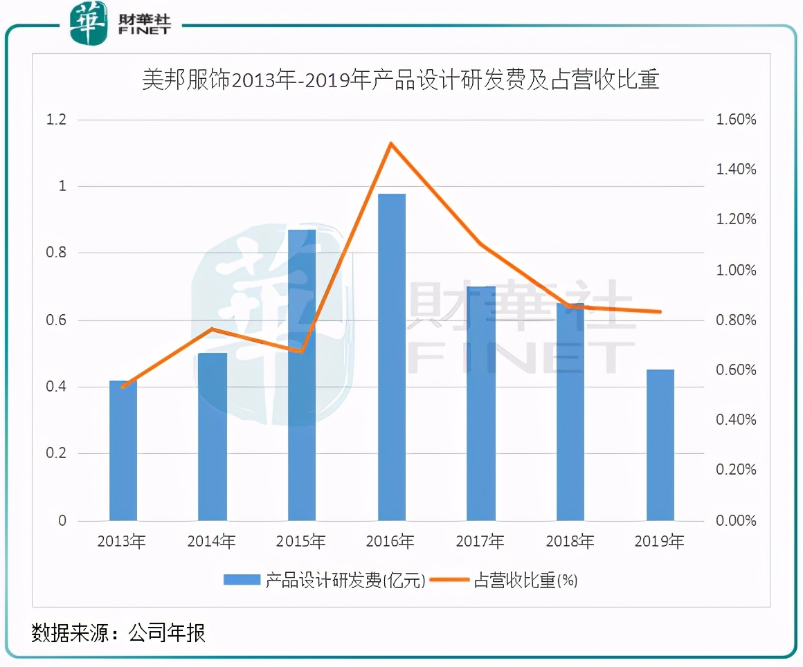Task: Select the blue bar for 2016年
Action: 392,357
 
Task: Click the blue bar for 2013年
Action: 123,450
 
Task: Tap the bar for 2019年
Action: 660,445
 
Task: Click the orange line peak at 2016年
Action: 391,144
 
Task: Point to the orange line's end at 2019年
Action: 660,311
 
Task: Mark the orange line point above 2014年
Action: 213,329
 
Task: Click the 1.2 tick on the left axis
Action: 56,120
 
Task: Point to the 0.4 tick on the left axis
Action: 56,387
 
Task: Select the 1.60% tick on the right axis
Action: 735,120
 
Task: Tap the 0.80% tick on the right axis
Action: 735,320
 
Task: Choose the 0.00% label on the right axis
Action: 735,520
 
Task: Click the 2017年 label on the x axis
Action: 480,542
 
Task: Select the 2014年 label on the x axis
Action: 212,542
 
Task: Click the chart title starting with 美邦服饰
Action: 401,81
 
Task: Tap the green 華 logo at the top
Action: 89,23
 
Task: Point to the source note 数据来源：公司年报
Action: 118,632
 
